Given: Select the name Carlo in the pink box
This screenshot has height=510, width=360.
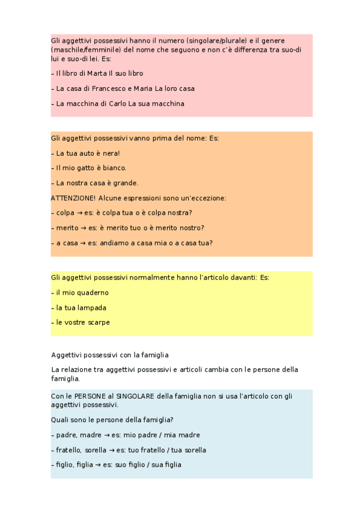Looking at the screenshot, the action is point(118,103).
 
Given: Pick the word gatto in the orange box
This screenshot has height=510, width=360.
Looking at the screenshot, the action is point(85,168).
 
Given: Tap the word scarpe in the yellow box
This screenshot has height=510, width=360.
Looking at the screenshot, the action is point(97,322).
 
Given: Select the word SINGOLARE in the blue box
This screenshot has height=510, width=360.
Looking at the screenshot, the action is point(135,397).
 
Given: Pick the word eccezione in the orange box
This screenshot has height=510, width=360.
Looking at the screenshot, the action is point(207,198).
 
